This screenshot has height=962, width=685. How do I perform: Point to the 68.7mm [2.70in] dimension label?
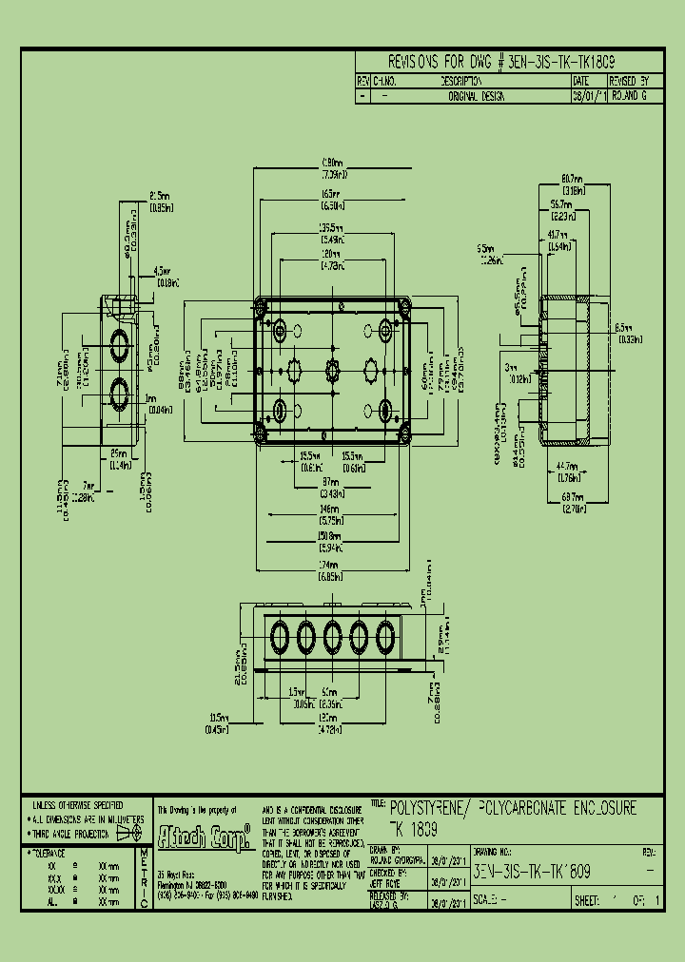pos(572,504)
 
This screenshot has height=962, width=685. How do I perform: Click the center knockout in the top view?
pos(332,369)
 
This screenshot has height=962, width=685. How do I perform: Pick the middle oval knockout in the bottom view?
pos(333,633)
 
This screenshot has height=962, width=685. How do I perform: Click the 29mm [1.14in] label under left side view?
pos(119,459)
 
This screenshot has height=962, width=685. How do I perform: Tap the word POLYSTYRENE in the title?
pos(428,808)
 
